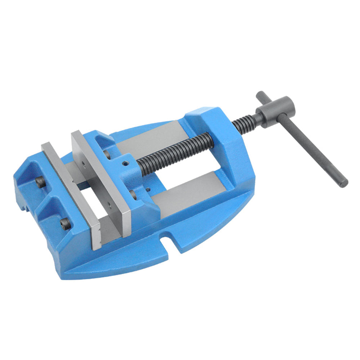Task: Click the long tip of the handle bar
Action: [x=343, y=183]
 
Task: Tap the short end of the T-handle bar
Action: [x=261, y=96]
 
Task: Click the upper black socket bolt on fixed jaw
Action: [x=40, y=183]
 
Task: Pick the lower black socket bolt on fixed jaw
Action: [x=65, y=225]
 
